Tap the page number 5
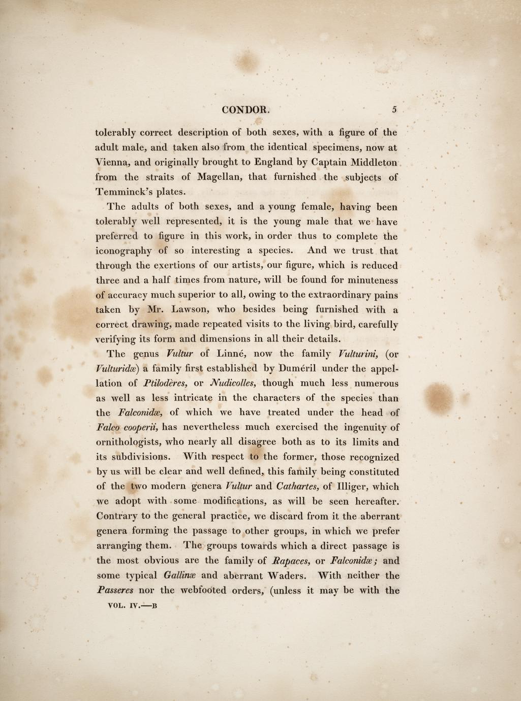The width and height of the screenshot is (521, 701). coord(394,109)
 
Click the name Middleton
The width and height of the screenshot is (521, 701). coord(374,163)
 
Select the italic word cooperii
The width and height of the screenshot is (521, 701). coord(142,427)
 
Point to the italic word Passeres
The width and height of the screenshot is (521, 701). coord(115,591)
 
